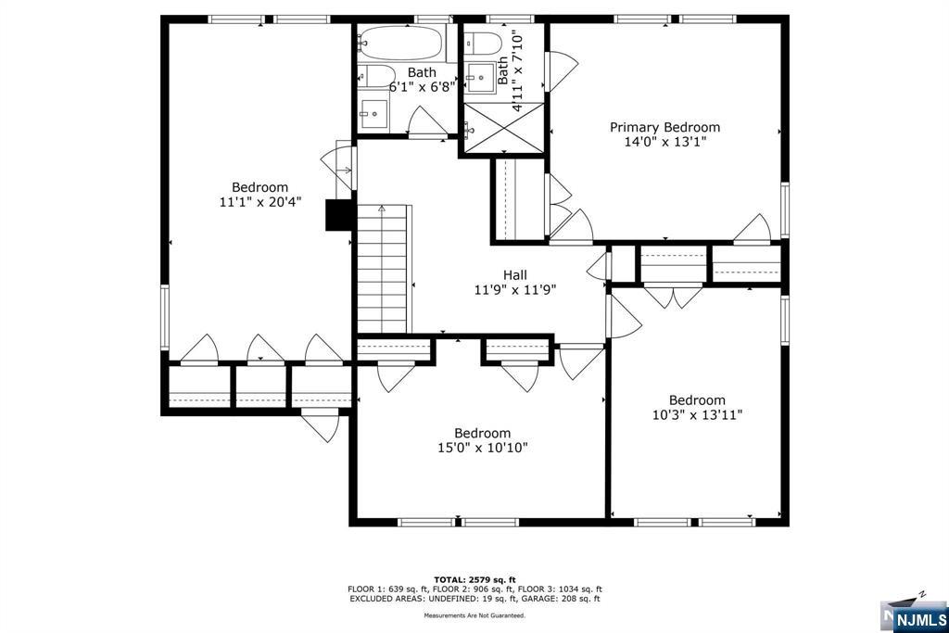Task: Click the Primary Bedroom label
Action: tap(664, 127)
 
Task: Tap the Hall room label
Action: tap(515, 274)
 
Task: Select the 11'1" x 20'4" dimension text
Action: tap(260, 201)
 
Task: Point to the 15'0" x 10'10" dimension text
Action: tap(482, 448)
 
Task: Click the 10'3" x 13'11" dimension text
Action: tap(697, 414)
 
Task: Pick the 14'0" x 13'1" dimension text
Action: tap(665, 142)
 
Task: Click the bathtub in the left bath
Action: tap(400, 43)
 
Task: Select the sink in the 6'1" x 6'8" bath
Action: tap(373, 114)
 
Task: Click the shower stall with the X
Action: tap(503, 127)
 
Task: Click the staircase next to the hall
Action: tap(383, 269)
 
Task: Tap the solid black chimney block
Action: tap(339, 215)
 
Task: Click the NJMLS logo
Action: tap(914, 616)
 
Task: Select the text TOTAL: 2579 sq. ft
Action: tap(474, 580)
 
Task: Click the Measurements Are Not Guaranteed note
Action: tap(474, 615)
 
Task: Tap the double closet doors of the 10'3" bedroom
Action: tap(673, 297)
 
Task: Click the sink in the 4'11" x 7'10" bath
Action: tap(481, 78)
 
